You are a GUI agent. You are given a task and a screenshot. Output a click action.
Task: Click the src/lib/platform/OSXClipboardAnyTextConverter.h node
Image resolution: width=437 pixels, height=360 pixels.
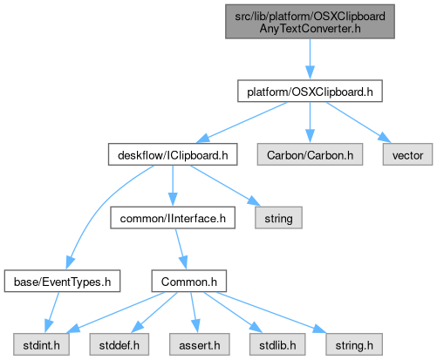[x=310, y=22]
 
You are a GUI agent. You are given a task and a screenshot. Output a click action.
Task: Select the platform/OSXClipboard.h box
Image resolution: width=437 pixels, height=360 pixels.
[x=310, y=92]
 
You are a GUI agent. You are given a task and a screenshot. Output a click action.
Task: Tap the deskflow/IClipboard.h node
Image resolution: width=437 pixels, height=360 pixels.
[x=173, y=154]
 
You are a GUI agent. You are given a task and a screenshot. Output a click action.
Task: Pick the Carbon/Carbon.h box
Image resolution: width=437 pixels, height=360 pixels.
[x=310, y=154]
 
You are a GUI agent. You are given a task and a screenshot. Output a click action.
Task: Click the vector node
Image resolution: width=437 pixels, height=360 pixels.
[x=407, y=154]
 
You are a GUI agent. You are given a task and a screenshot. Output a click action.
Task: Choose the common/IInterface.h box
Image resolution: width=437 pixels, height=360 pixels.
[x=173, y=218]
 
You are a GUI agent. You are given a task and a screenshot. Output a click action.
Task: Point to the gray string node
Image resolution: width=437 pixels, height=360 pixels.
[x=278, y=218]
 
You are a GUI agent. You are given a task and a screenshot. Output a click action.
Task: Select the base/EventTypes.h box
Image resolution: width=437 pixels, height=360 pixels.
[x=62, y=281]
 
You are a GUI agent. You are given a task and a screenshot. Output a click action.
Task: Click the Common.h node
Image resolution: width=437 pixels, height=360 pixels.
[x=189, y=281]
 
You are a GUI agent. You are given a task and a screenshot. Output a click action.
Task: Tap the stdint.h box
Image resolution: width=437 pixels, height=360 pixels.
[x=41, y=344]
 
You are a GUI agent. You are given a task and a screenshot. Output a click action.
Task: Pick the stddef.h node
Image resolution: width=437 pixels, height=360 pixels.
[x=119, y=344]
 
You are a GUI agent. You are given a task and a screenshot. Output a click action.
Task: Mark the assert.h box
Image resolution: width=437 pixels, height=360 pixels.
[x=200, y=344]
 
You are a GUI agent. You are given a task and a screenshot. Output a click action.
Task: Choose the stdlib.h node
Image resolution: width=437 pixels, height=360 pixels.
[x=277, y=344]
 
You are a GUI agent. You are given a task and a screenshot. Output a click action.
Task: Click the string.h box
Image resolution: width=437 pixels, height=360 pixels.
[x=354, y=344]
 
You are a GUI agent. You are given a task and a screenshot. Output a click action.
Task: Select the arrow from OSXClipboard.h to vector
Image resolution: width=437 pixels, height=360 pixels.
[x=359, y=122]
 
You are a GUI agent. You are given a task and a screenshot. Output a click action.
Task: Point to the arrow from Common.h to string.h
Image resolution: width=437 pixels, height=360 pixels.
[x=271, y=313]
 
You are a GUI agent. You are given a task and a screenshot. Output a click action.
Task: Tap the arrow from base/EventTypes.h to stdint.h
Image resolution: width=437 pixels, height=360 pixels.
[x=52, y=313]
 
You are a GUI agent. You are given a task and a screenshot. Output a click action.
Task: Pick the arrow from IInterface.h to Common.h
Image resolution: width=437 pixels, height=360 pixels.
[x=181, y=249]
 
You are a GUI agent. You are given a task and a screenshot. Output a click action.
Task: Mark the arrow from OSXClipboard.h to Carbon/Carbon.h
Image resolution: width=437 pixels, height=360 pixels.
[x=310, y=122]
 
